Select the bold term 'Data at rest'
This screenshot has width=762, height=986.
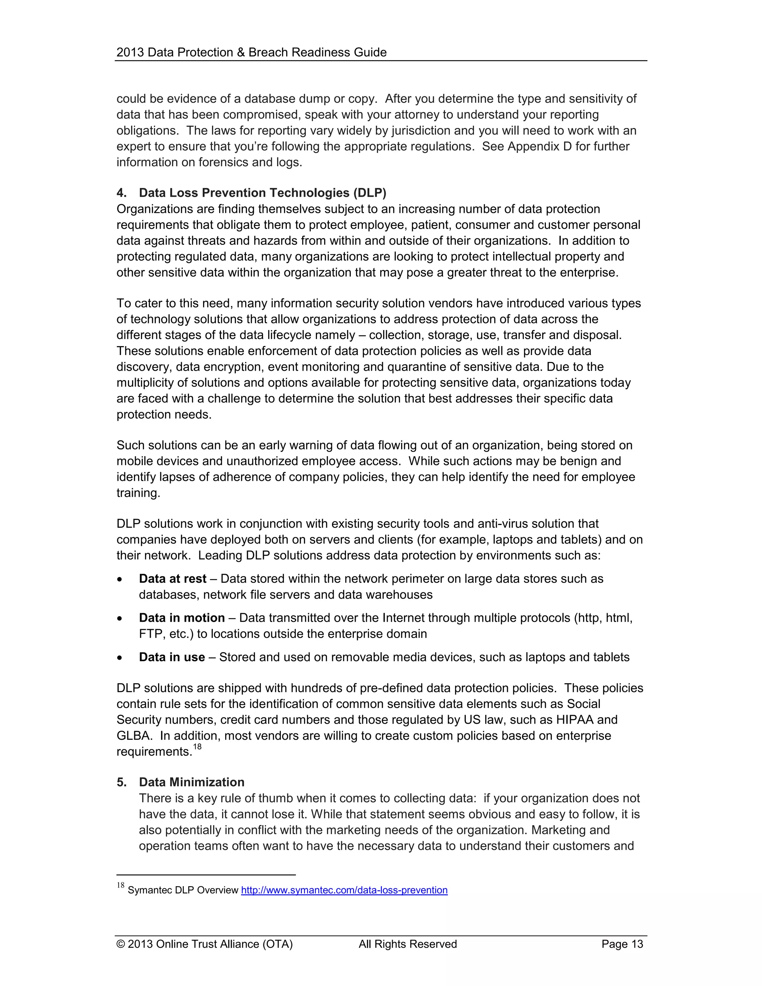172,579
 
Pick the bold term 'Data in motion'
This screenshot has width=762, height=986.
182,618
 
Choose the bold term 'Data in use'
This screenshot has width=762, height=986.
172,657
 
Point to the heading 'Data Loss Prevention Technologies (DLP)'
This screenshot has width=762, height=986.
262,193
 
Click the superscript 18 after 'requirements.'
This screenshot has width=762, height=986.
197,747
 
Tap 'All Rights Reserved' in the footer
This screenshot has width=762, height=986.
408,944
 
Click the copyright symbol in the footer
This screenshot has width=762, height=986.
121,944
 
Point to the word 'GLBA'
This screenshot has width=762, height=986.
133,736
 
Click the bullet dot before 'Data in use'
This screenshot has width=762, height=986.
120,658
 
